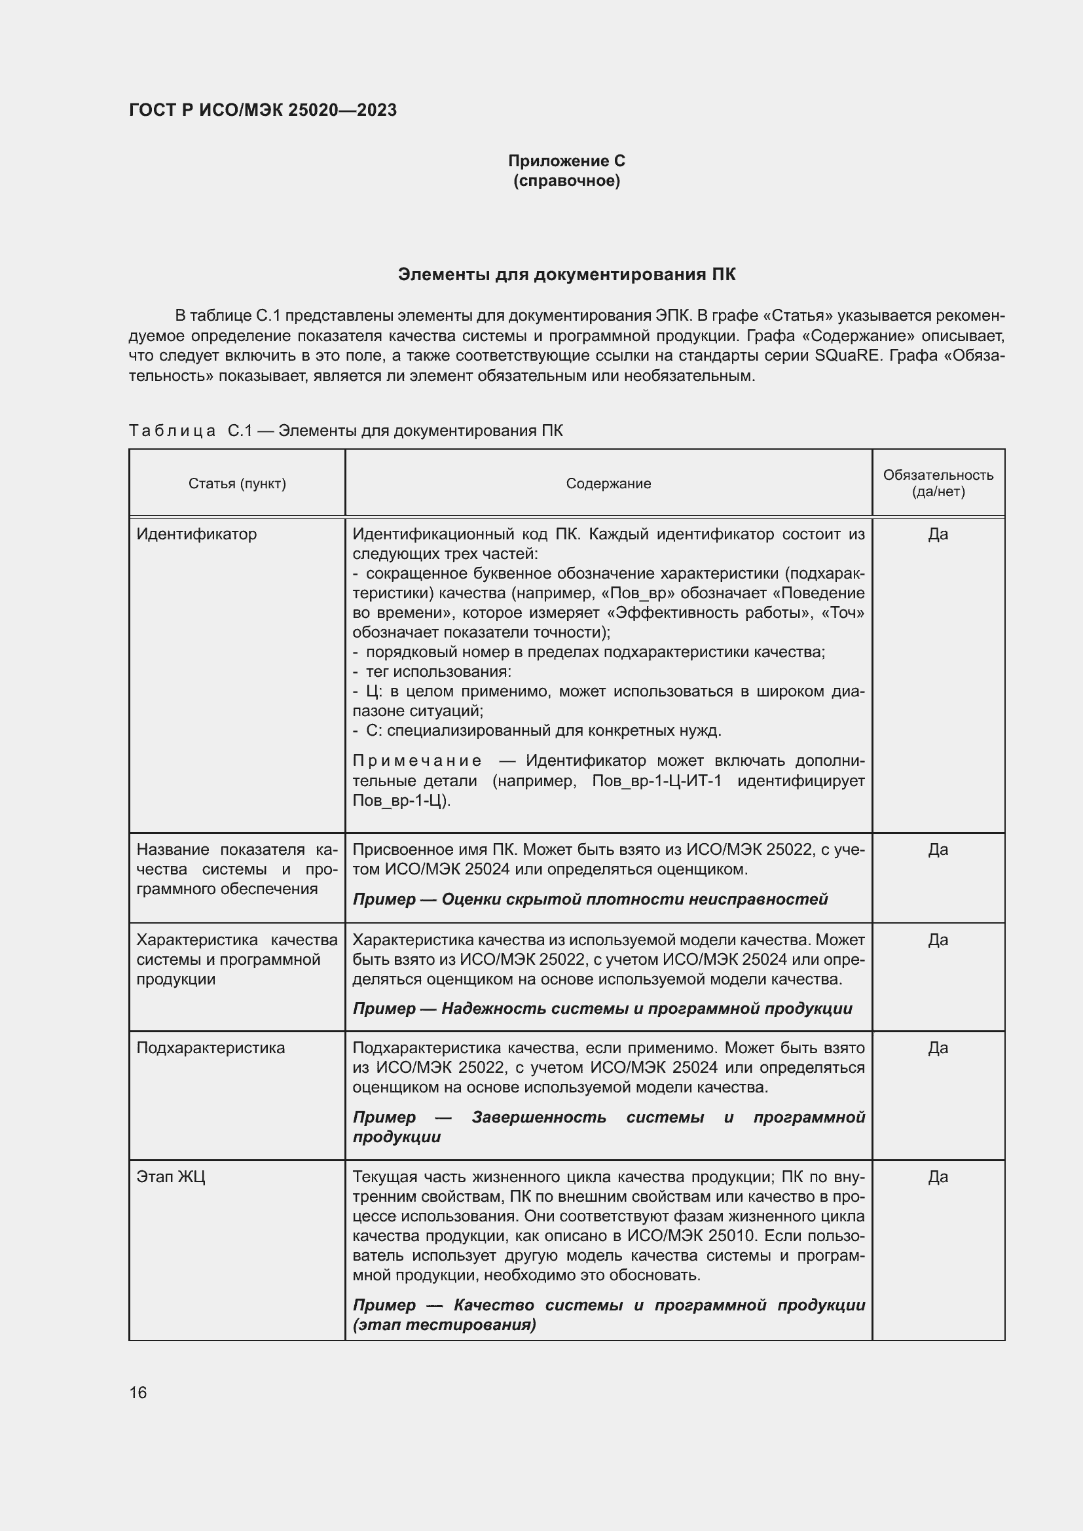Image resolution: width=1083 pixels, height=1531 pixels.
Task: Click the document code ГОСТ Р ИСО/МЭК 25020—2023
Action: pyautogui.click(x=263, y=110)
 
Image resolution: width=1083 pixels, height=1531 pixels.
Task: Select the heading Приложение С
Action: pyautogui.click(x=566, y=161)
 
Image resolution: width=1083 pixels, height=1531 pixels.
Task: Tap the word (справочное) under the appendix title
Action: pyautogui.click(x=566, y=181)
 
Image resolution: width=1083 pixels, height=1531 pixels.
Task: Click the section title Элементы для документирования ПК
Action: pyautogui.click(x=566, y=275)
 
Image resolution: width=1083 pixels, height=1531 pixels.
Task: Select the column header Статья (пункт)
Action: pyautogui.click(x=237, y=484)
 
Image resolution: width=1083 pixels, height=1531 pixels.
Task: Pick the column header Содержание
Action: pyautogui.click(x=608, y=484)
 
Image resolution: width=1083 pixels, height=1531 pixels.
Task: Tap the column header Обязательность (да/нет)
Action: pyautogui.click(x=938, y=484)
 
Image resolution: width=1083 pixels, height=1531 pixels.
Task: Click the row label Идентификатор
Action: pyautogui.click(x=196, y=534)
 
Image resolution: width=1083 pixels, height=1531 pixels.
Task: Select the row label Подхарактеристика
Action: pyautogui.click(x=210, y=1047)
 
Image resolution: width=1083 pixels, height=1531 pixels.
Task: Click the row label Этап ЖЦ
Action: pyautogui.click(x=171, y=1176)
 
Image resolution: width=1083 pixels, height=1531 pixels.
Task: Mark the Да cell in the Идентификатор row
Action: pyautogui.click(x=938, y=534)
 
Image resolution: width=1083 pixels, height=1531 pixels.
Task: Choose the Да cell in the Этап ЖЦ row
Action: pyautogui.click(x=938, y=1176)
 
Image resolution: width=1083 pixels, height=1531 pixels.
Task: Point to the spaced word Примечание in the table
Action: pyautogui.click(x=416, y=761)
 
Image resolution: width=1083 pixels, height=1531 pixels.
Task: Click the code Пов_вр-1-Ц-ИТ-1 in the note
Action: pyautogui.click(x=656, y=781)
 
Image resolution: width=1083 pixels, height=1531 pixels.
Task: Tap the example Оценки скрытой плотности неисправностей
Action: pyautogui.click(x=634, y=899)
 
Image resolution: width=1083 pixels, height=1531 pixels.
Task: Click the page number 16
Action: pyautogui.click(x=138, y=1392)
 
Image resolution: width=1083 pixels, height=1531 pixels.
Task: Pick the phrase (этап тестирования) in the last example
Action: pyautogui.click(x=444, y=1324)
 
